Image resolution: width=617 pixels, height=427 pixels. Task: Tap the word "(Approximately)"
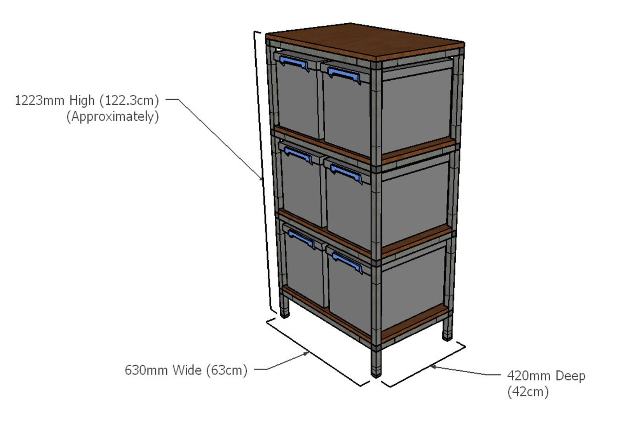(113, 116)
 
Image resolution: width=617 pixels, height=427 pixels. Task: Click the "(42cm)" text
(528, 391)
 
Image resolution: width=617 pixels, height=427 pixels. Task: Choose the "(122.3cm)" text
(129, 101)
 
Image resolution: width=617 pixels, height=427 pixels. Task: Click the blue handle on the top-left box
(294, 63)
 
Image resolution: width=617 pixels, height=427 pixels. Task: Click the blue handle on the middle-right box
(346, 173)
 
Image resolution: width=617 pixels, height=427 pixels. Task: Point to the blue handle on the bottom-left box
(301, 238)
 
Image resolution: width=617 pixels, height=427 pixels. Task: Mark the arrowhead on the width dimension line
(307, 353)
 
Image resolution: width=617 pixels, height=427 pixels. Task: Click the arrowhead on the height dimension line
(261, 178)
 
